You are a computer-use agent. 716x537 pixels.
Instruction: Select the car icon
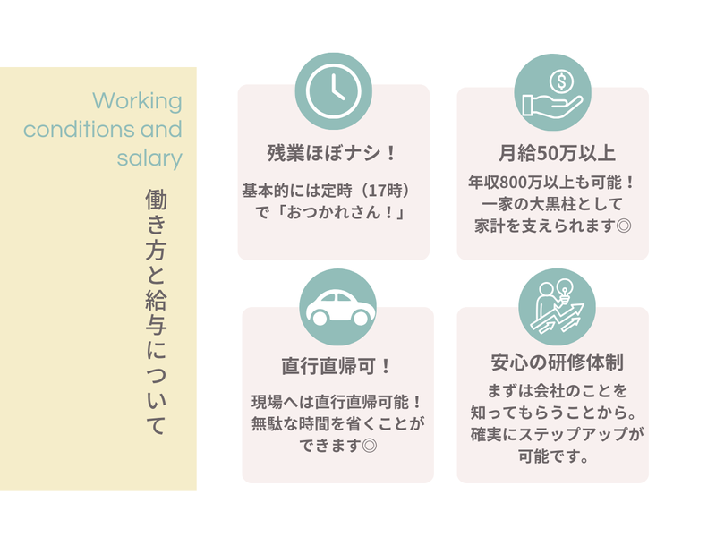337,306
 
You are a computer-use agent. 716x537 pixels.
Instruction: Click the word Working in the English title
137,99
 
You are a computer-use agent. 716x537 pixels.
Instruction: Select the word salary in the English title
149,159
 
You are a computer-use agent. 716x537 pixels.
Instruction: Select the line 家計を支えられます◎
552,226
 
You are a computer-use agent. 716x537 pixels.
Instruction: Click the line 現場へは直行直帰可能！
337,402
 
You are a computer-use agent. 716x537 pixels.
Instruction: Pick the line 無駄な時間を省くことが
337,423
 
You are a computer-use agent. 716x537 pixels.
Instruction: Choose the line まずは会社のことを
552,392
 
